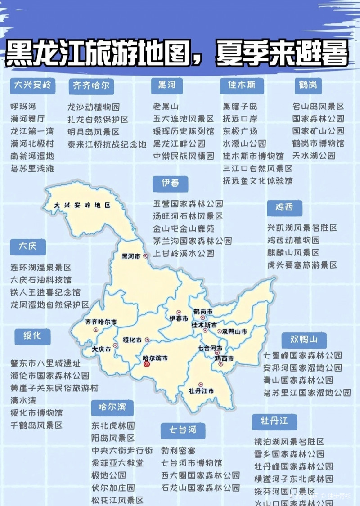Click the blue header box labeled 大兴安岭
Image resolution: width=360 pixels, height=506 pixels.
click(x=32, y=85)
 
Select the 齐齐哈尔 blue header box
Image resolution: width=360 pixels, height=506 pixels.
click(x=91, y=86)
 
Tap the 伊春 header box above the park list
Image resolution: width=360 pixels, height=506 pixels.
click(x=170, y=183)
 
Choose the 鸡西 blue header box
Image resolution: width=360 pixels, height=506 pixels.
click(x=284, y=207)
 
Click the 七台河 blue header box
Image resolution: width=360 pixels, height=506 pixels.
click(x=183, y=430)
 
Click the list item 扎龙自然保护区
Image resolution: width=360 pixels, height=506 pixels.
click(x=98, y=120)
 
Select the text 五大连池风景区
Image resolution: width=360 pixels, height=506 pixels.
click(x=183, y=119)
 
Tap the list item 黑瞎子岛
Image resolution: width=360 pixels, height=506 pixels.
click(x=240, y=107)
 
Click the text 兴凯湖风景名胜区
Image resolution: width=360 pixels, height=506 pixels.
click(x=302, y=228)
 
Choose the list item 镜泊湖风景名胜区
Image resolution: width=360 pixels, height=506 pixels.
click(x=289, y=442)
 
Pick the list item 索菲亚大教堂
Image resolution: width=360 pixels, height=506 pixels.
click(x=117, y=462)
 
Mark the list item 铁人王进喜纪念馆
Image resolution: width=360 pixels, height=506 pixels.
click(x=45, y=292)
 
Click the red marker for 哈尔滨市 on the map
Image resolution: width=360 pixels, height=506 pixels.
click(x=146, y=365)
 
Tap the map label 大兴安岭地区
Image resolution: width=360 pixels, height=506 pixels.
click(x=82, y=205)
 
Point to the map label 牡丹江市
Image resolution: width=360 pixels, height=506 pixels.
click(x=201, y=390)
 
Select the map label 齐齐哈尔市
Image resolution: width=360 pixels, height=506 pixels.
click(x=101, y=322)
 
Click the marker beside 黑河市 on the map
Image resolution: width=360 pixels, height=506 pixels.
click(x=145, y=256)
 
